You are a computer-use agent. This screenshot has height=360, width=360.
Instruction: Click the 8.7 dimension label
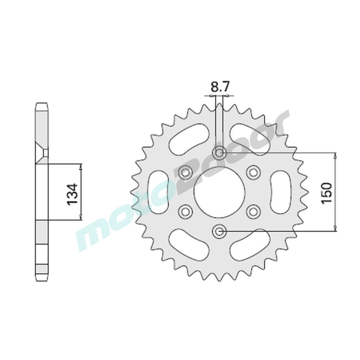click(x=219, y=87)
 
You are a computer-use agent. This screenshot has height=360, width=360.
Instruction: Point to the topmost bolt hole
click(x=220, y=153)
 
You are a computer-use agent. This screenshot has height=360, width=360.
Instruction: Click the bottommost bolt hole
click(x=220, y=231)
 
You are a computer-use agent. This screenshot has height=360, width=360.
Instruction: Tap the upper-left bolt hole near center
click(x=186, y=172)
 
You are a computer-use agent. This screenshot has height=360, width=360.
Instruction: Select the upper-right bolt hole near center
click(x=253, y=171)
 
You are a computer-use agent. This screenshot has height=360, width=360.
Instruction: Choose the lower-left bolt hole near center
click(x=185, y=210)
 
